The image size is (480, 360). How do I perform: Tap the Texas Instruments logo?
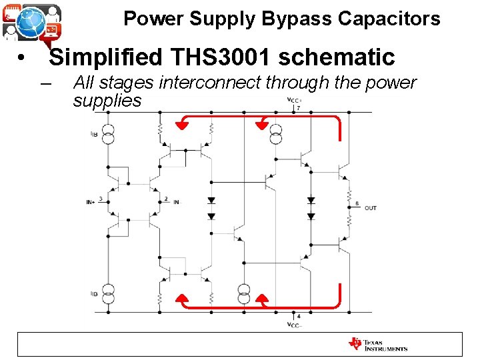[378, 345]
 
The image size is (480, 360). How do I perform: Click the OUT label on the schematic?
[371, 208]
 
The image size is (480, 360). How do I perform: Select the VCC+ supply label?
[293, 101]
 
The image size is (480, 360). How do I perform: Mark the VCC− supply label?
[294, 325]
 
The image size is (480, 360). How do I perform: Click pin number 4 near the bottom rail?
[298, 315]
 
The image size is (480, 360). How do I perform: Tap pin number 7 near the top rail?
[298, 108]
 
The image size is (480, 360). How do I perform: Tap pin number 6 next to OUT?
[357, 203]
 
